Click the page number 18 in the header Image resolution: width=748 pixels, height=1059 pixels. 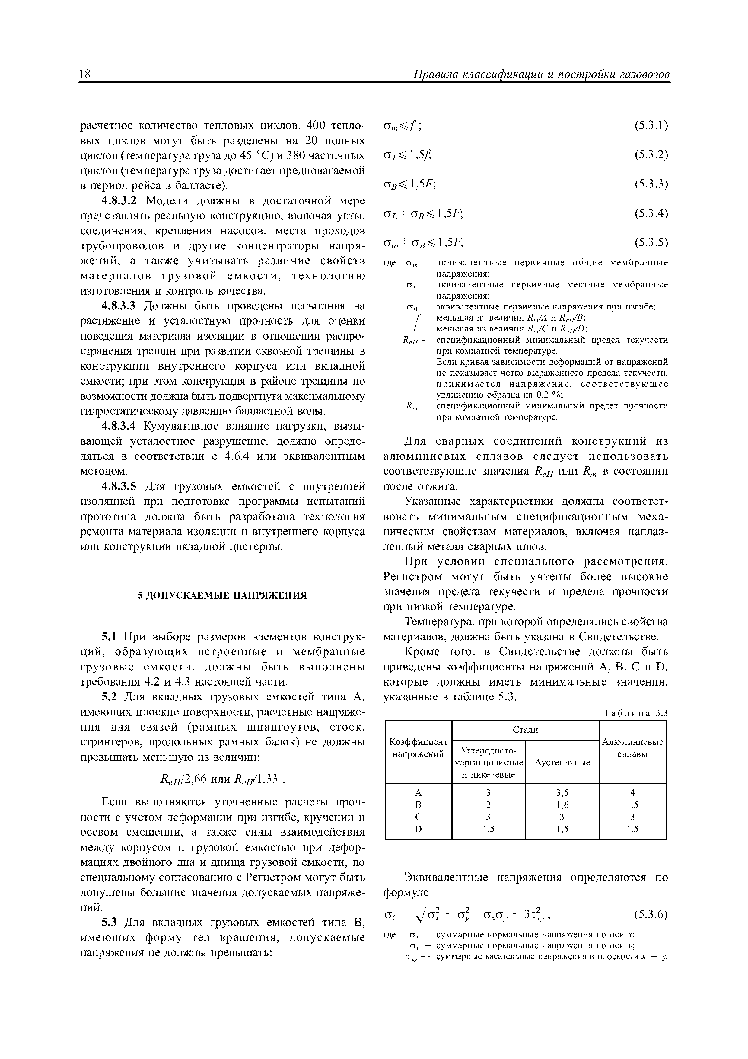click(85, 74)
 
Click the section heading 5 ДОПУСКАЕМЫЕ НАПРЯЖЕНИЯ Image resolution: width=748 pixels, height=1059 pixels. click(223, 595)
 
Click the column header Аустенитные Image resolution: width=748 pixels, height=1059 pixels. click(562, 763)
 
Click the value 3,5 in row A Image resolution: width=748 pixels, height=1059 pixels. click(562, 793)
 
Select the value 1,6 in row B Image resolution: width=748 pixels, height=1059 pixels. click(562, 805)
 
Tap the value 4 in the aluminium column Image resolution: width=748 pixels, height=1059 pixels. click(633, 793)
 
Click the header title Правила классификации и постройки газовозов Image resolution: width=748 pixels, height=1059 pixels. click(541, 74)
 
